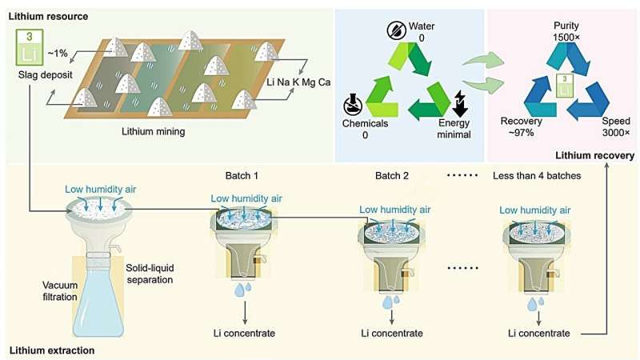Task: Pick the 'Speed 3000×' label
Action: [x=613, y=130]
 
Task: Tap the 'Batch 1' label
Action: [x=243, y=176]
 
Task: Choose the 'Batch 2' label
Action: [x=392, y=176]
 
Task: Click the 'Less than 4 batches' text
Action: [x=538, y=176]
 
